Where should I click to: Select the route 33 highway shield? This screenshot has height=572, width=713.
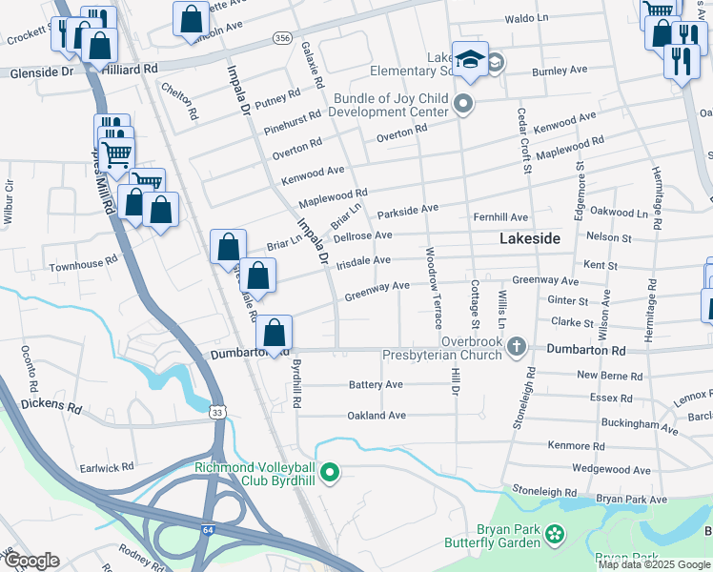click(218, 412)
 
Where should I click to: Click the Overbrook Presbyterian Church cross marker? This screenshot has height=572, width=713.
click(517, 345)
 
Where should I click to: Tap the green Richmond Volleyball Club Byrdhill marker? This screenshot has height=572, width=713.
click(330, 471)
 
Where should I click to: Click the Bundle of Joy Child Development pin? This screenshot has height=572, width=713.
click(464, 103)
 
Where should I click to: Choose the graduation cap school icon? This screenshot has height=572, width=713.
click(470, 59)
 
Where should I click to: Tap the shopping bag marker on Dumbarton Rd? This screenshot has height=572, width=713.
click(274, 334)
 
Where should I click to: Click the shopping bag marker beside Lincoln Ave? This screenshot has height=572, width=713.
click(192, 17)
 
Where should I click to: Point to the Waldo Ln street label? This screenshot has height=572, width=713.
click(527, 18)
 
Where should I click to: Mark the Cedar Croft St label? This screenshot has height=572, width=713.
click(523, 140)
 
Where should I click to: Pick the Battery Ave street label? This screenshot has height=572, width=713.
click(376, 384)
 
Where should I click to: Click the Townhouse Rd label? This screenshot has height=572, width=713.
click(84, 258)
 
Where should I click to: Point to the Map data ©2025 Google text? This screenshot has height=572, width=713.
click(654, 564)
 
